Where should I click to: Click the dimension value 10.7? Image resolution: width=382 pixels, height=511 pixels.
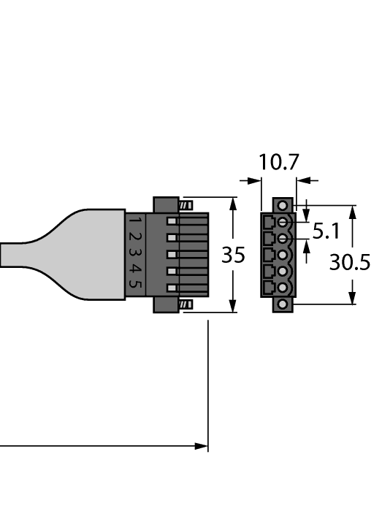pos(279,162)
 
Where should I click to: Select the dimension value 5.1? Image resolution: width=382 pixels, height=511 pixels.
pos(326,232)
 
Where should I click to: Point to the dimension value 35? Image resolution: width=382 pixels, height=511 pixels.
pos(233,255)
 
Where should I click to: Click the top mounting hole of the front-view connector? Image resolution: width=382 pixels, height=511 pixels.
pos(283,206)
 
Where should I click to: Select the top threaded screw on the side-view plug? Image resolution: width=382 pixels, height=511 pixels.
pos(186,205)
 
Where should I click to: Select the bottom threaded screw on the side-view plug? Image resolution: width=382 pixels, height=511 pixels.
pos(186,304)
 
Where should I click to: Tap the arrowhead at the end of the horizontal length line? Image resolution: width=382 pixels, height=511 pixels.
pos(201,446)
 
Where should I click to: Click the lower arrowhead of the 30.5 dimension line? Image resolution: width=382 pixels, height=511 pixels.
pos(353,297)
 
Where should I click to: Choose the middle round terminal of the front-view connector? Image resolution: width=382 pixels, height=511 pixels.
pos(283,255)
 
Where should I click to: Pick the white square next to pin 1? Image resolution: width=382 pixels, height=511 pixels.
pos(172,221)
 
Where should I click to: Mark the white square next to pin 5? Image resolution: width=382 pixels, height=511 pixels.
pos(172,288)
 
